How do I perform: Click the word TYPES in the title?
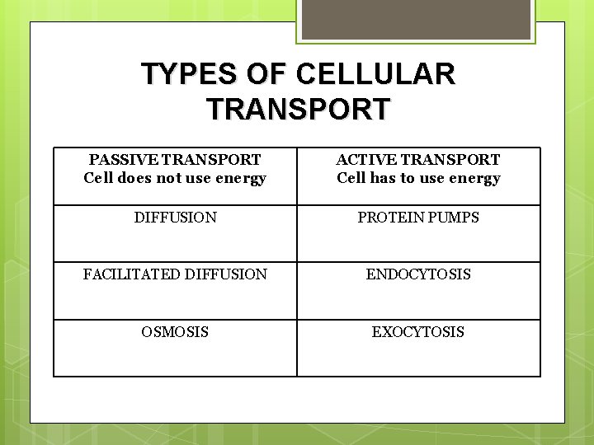(x=188, y=74)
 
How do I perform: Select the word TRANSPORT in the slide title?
(x=298, y=110)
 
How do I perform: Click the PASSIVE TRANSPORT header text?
(x=175, y=159)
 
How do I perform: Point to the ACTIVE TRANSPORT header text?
(x=418, y=159)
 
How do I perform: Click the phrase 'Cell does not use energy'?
(x=175, y=178)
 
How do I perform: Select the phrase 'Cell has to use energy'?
(x=418, y=178)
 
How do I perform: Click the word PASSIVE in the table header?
(x=120, y=159)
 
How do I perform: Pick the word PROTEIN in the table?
(x=389, y=218)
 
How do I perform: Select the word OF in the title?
(x=266, y=74)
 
